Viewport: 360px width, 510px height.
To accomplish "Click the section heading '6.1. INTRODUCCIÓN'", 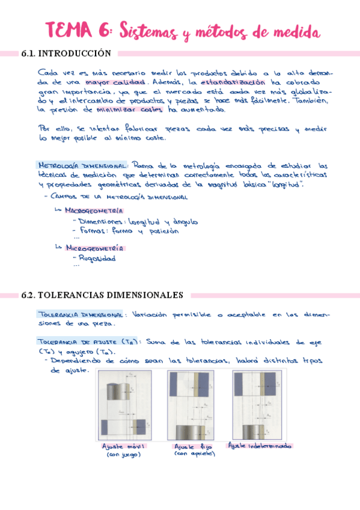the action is (x=66, y=54).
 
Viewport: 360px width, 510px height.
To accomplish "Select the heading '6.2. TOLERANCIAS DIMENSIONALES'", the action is (x=102, y=295).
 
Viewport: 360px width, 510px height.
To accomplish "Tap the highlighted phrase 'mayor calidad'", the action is (x=115, y=81).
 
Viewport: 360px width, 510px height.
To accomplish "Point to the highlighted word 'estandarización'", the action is (x=233, y=81).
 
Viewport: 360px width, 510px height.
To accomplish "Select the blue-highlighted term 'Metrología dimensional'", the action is (x=82, y=165).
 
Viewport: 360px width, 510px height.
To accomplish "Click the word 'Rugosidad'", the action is (x=97, y=259).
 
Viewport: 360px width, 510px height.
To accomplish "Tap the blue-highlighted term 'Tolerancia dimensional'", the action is (x=80, y=314).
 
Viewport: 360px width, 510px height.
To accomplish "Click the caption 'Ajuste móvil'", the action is (x=124, y=447).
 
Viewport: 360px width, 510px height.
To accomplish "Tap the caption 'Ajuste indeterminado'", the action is (x=259, y=446).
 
